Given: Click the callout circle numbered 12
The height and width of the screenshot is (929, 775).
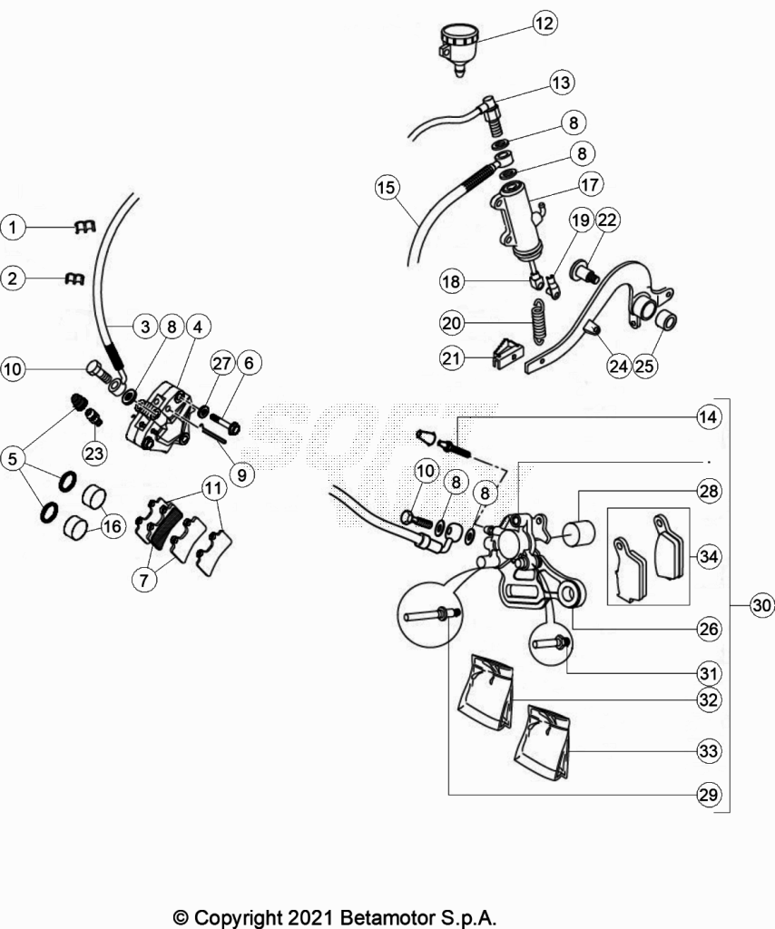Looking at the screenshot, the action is click(x=544, y=23).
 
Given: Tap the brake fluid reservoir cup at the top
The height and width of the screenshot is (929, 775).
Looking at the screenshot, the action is click(x=458, y=47).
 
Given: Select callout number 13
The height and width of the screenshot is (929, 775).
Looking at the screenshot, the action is click(x=560, y=83).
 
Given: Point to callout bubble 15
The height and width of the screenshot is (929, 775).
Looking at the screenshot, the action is click(x=387, y=187).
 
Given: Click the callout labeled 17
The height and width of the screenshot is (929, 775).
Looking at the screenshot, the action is click(x=590, y=184).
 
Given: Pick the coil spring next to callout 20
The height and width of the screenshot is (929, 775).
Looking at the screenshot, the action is click(x=538, y=321).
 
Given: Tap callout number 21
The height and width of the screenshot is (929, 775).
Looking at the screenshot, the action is click(x=452, y=357).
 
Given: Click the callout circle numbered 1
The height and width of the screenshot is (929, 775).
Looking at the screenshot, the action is click(x=13, y=227).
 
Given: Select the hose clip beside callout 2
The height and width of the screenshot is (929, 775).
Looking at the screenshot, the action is click(x=74, y=279).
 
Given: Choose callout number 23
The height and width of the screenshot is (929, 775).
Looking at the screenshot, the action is click(x=93, y=454).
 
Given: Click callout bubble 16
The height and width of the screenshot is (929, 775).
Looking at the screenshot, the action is click(x=112, y=525).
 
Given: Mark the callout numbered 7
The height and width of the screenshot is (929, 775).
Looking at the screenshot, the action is click(x=144, y=580).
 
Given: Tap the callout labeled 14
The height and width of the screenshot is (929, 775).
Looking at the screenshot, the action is click(x=708, y=417).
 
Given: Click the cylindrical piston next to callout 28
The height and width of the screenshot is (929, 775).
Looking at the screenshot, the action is click(x=578, y=532).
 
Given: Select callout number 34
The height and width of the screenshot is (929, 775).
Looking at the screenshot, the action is click(x=708, y=556).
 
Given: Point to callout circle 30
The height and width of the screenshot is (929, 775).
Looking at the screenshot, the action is click(x=761, y=605).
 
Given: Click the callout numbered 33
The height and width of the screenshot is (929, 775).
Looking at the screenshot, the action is click(x=708, y=750).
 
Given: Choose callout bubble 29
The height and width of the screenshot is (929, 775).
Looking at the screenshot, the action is click(x=708, y=795).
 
